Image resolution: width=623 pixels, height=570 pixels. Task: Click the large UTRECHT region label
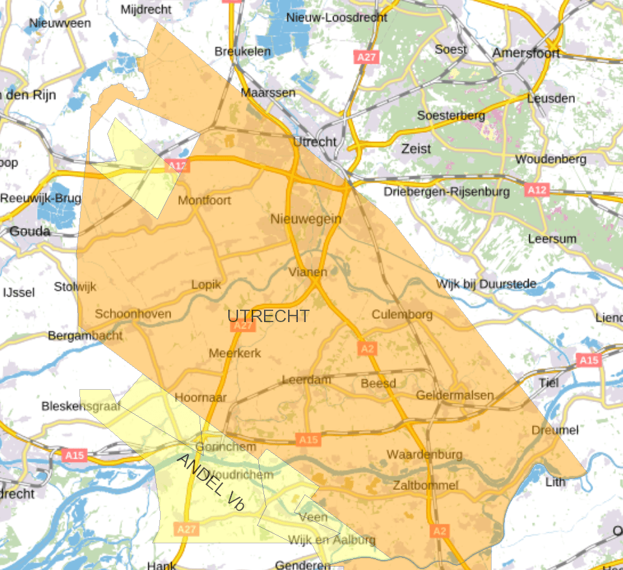coord(268,316)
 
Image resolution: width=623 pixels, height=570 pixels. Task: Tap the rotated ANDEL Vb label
coord(211,482)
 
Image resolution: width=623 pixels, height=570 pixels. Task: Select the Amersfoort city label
coord(525,53)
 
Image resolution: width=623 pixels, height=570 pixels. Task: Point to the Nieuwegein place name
coord(306,219)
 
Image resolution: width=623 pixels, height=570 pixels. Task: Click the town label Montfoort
coord(204,200)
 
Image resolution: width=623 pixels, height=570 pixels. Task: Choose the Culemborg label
coord(402,314)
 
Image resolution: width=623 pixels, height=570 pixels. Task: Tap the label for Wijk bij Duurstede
coord(486,284)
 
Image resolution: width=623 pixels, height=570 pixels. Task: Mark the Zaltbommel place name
coord(425,485)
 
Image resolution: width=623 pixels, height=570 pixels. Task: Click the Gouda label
coord(30,231)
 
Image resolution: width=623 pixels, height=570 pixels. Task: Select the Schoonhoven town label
coord(133,314)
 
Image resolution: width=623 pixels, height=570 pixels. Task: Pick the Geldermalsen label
coord(455,395)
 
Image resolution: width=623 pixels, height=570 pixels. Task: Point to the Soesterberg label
coord(451,115)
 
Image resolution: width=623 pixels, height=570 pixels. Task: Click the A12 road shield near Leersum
coord(537,190)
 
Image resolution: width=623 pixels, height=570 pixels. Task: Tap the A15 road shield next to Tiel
coord(588,360)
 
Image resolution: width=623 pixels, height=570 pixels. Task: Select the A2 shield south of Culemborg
coord(367,349)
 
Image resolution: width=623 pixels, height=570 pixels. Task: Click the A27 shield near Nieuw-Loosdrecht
coord(367,57)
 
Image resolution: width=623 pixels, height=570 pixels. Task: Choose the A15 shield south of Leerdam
coord(308,440)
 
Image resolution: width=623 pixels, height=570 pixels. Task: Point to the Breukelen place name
coord(243,51)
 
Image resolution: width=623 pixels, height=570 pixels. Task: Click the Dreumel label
coord(555,430)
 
